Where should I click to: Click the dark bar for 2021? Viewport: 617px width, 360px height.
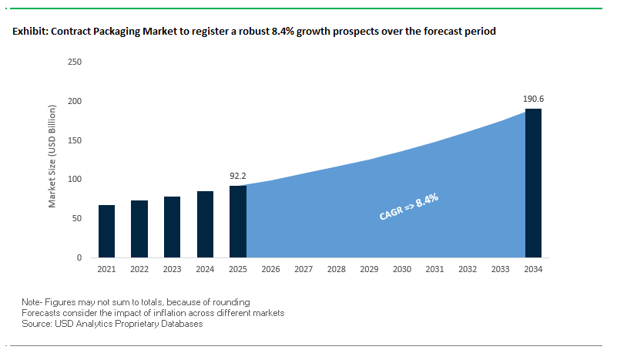click(x=106, y=231)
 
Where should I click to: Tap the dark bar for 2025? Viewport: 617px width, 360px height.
click(x=237, y=222)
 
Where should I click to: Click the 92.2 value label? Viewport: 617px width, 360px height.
click(x=237, y=176)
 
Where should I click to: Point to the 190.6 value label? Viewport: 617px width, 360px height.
click(x=533, y=99)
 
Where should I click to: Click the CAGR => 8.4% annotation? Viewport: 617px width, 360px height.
click(x=409, y=207)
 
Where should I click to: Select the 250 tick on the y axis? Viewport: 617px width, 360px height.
click(x=75, y=62)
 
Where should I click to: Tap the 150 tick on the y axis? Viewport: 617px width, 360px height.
click(x=75, y=140)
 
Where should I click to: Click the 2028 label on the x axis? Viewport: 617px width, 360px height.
click(x=336, y=269)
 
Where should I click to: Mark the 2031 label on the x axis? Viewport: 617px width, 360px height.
click(x=434, y=269)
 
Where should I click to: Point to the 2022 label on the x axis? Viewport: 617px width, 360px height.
click(x=139, y=269)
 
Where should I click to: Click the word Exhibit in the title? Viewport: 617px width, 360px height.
click(x=29, y=32)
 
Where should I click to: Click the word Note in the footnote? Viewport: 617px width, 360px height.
click(x=31, y=301)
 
